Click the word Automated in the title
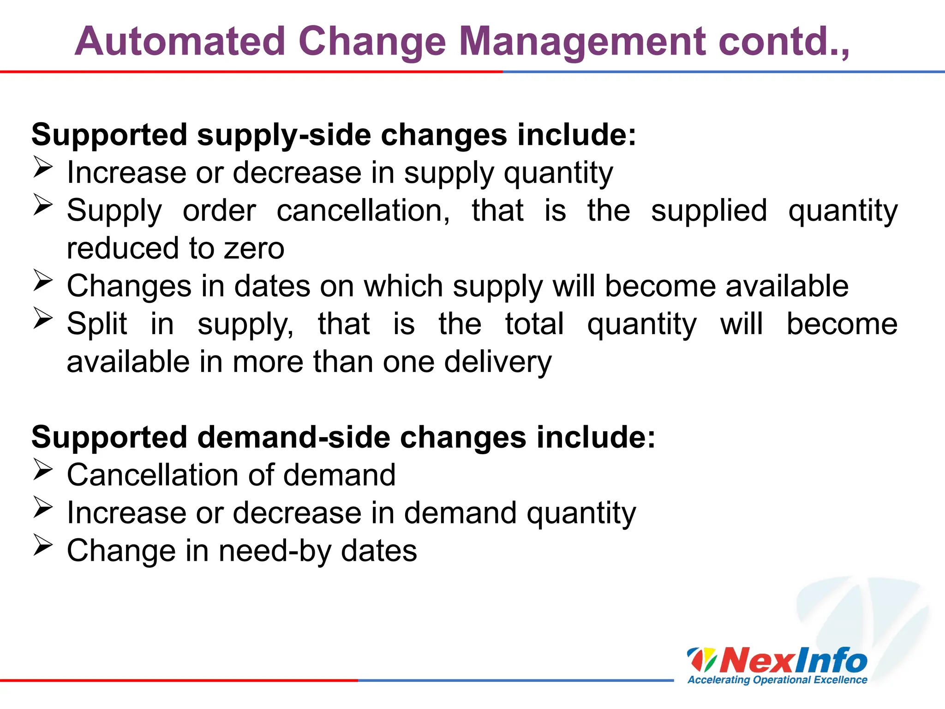tap(180, 42)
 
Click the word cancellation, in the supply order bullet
tap(363, 211)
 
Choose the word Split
tap(97, 324)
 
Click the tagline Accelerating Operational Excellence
tap(777, 680)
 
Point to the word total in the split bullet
tap(534, 324)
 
